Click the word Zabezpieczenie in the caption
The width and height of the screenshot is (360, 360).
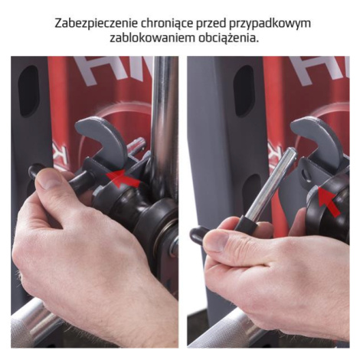(x=96, y=24)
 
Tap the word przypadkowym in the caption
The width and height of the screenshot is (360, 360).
(x=270, y=25)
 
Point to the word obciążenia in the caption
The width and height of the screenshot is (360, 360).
(x=227, y=39)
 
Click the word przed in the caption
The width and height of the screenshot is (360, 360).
(x=211, y=24)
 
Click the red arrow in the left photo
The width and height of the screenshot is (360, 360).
(x=123, y=178)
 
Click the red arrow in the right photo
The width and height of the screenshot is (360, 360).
(x=329, y=201)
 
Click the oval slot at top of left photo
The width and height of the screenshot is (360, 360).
(x=28, y=91)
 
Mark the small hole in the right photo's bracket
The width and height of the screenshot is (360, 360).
(x=305, y=175)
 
